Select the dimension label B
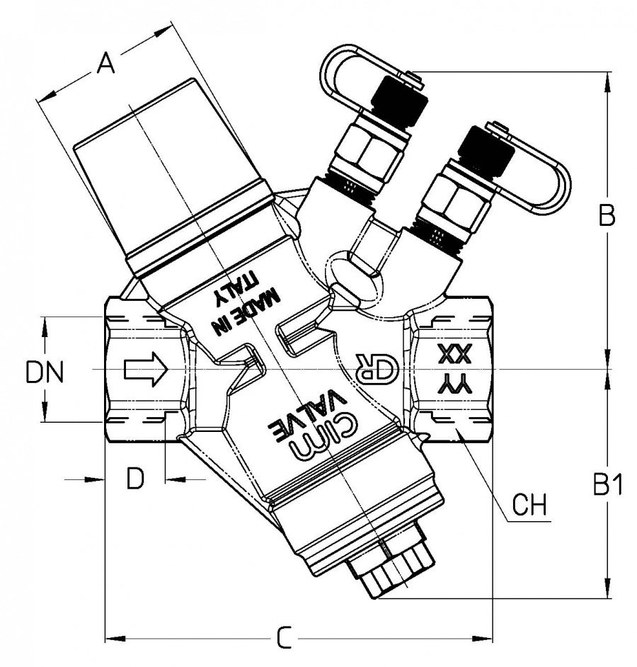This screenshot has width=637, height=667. coord(607,215)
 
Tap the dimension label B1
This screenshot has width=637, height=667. coord(607,485)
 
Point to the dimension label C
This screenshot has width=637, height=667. coord(283,639)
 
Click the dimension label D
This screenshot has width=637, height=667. coord(135,479)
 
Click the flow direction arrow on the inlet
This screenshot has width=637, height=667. coord(145,370)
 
